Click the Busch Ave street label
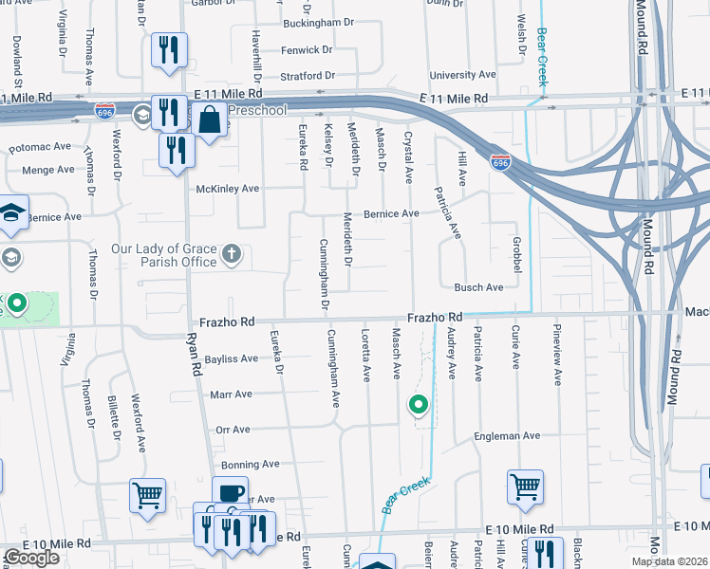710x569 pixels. [478, 287]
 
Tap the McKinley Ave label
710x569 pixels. [227, 189]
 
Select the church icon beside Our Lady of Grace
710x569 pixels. [232, 254]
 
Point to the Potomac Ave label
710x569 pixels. [41, 147]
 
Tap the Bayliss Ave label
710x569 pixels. [231, 359]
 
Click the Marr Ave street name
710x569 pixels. [231, 394]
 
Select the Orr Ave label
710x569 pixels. [233, 430]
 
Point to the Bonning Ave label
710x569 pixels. [250, 465]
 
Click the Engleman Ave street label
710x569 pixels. [507, 436]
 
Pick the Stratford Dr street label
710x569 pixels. [308, 76]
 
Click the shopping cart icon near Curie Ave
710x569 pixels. [525, 486]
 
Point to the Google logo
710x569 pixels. [31, 558]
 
